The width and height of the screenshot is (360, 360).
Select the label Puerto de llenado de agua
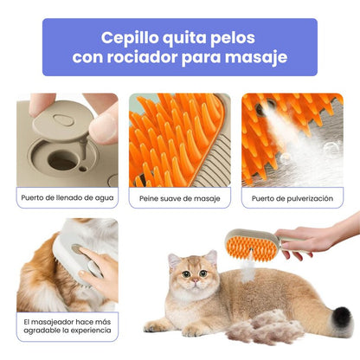pyautogui.click(x=67, y=198)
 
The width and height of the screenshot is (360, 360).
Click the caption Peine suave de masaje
pyautogui.click(x=180, y=198)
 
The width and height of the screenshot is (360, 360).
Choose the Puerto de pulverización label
pyautogui.click(x=292, y=198)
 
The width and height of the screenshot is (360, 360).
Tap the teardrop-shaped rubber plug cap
pyautogui.click(x=65, y=122)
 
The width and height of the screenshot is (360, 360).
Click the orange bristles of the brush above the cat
pyautogui.click(x=245, y=247)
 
